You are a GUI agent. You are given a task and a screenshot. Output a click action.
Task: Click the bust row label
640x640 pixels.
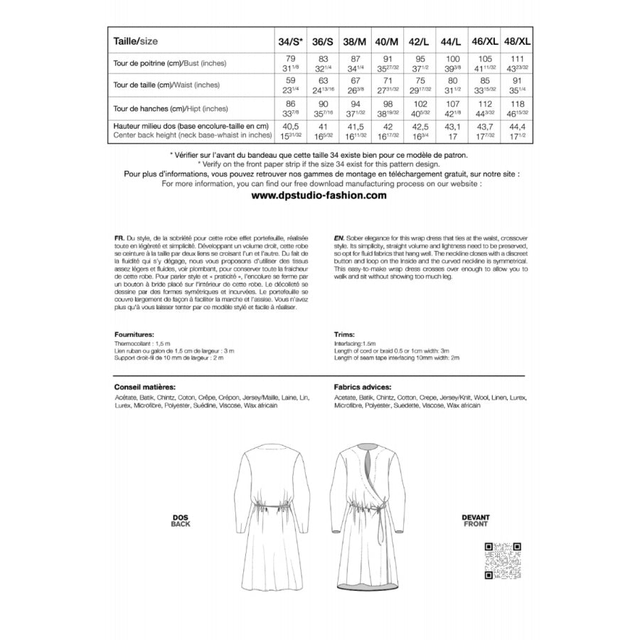click(x=170, y=63)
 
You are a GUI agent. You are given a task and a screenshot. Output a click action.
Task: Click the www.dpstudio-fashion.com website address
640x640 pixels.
click(x=320, y=195)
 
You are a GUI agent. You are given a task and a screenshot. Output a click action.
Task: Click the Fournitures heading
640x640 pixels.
click(x=134, y=333)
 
